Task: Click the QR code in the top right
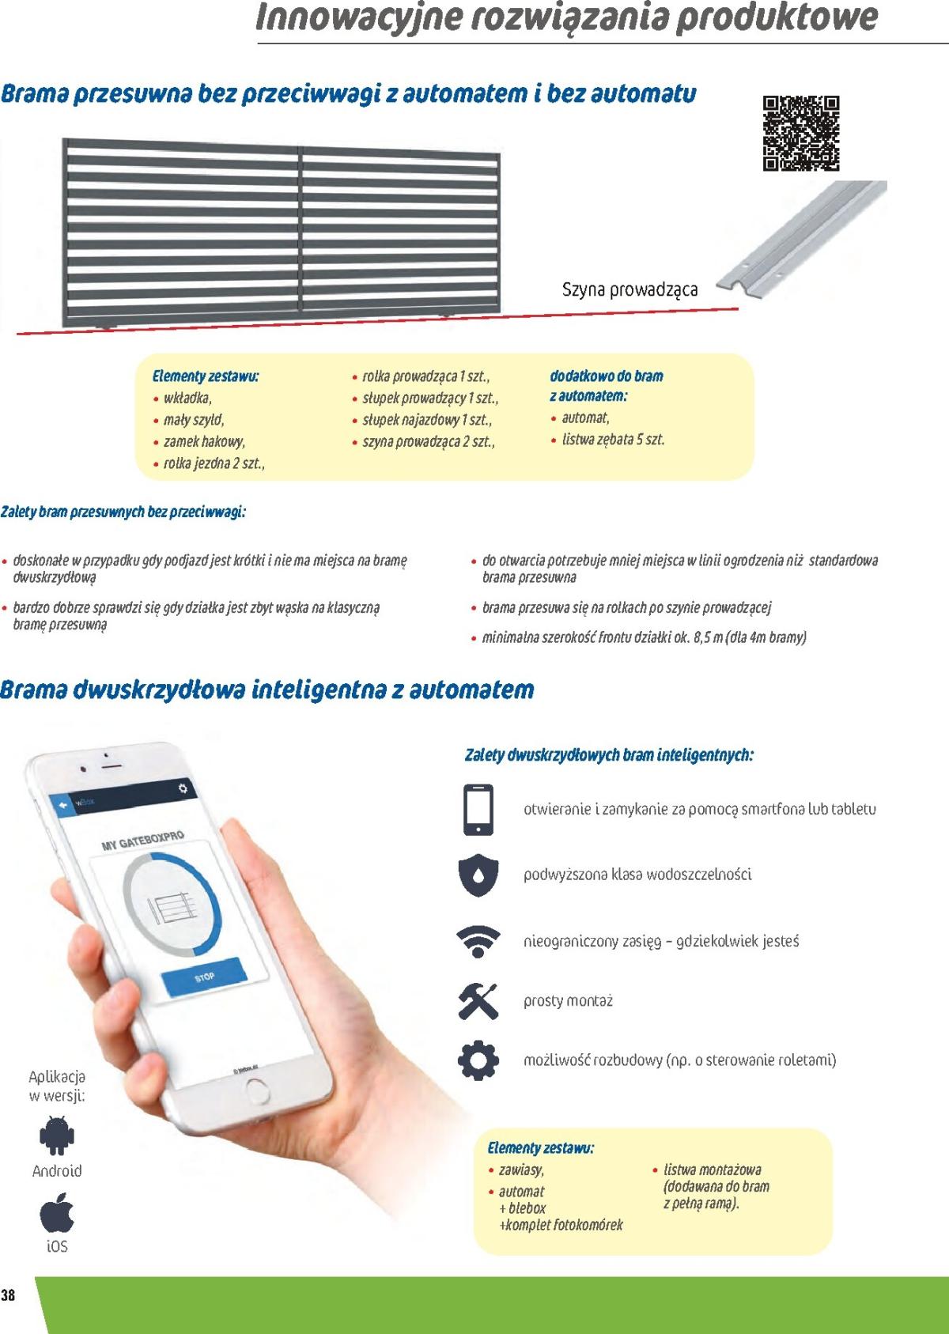(x=800, y=133)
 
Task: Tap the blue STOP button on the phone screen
(x=205, y=977)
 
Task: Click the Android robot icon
(x=57, y=1136)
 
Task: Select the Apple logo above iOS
(x=57, y=1214)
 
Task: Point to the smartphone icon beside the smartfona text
(x=478, y=810)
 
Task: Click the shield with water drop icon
(x=478, y=875)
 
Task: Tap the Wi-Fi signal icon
(x=478, y=941)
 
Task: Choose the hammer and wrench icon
(x=478, y=1000)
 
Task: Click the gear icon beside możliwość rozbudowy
(x=478, y=1060)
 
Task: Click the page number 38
(x=9, y=1295)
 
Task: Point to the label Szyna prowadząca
(x=630, y=289)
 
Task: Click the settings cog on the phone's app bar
(x=183, y=788)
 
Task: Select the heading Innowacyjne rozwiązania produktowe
(x=566, y=17)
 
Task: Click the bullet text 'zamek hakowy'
(x=204, y=441)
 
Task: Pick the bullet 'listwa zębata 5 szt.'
(x=613, y=439)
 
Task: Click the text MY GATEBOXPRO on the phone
(x=143, y=841)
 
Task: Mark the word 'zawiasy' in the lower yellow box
(x=521, y=1170)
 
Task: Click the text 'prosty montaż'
(x=568, y=1001)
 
